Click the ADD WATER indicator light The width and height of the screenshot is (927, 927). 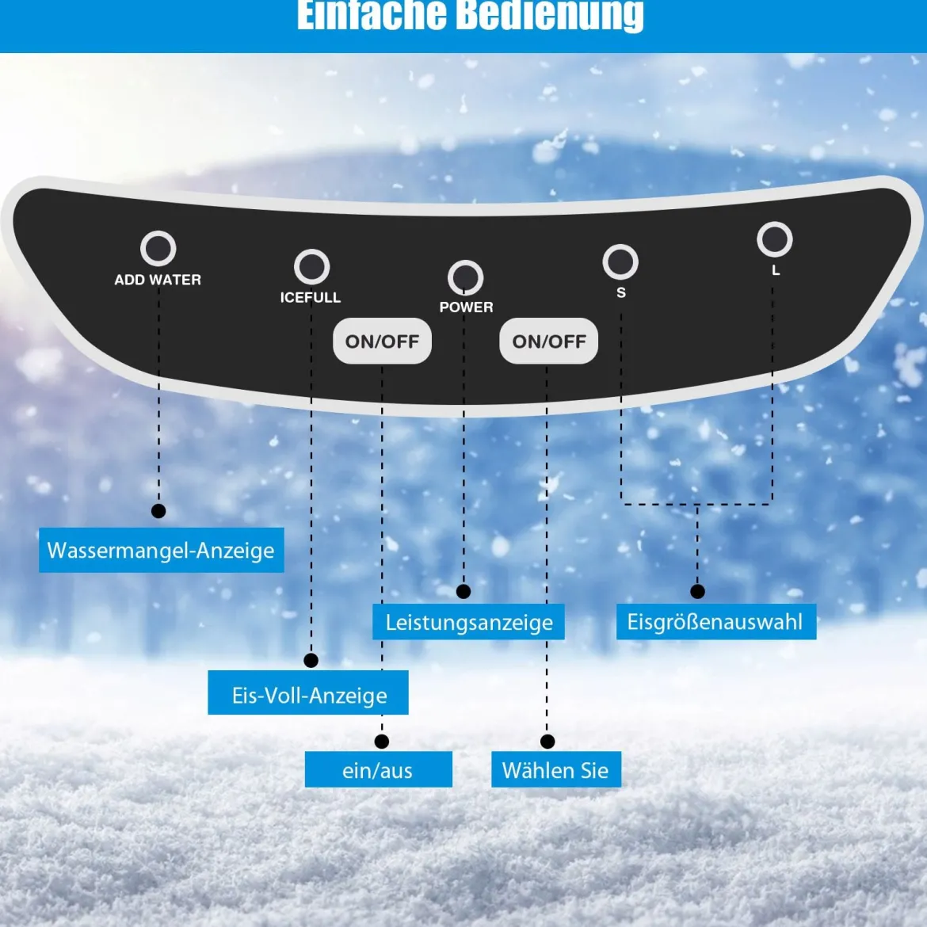[x=158, y=248]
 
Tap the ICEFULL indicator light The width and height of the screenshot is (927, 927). [x=311, y=267]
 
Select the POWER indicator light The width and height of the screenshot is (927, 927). [x=465, y=277]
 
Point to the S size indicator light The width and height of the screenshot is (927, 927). [x=620, y=262]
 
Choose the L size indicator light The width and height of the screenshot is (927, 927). [x=774, y=239]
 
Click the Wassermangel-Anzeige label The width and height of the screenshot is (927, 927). [x=162, y=550]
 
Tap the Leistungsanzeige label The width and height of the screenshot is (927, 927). [x=468, y=621]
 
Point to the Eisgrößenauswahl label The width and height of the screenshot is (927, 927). [x=716, y=621]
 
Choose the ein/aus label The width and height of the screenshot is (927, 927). [x=379, y=769]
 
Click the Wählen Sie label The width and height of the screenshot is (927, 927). [x=556, y=769]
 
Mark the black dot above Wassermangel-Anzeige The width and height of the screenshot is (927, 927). [x=158, y=511]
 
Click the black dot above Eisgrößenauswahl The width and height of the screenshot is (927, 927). [x=697, y=591]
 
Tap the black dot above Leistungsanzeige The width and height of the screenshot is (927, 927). [x=463, y=591]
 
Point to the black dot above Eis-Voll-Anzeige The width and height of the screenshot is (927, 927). [x=311, y=660]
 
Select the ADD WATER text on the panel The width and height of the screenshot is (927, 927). [x=158, y=280]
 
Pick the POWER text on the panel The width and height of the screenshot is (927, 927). [x=467, y=307]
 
